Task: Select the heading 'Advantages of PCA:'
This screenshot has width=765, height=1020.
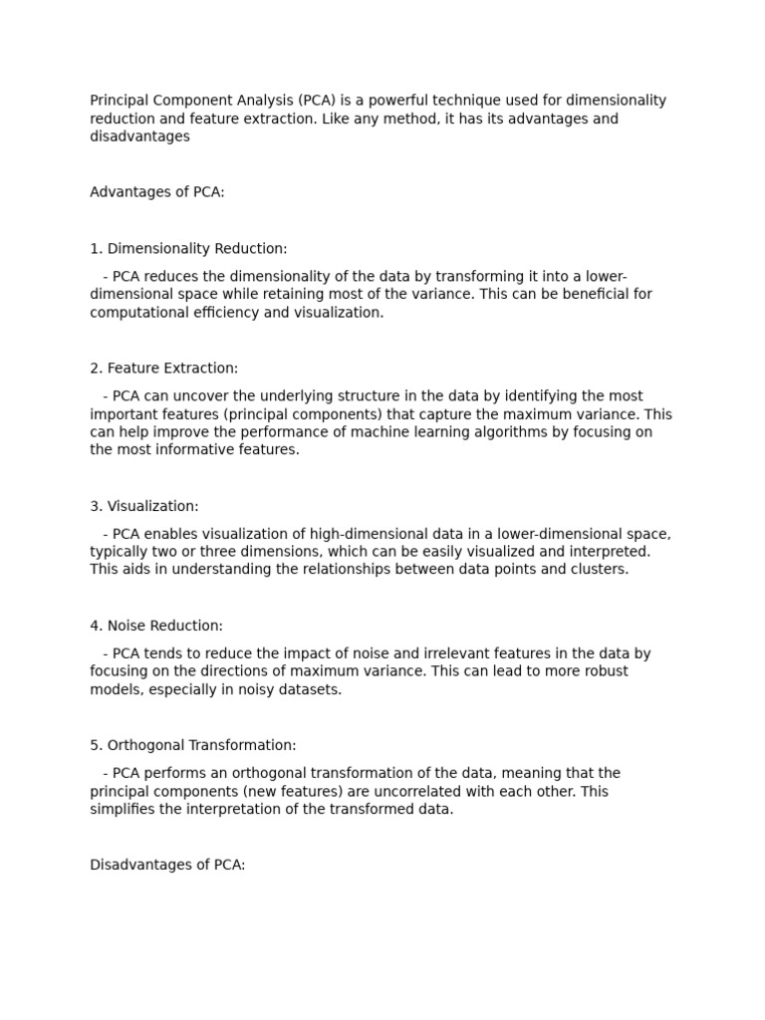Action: [157, 192]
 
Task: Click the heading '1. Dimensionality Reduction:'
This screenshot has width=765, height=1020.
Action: [188, 249]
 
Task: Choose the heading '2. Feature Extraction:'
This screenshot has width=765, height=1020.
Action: [164, 369]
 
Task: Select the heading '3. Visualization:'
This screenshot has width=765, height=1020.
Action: [144, 507]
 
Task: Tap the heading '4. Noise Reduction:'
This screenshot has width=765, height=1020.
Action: [156, 627]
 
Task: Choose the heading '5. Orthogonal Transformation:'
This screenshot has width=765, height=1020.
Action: [193, 746]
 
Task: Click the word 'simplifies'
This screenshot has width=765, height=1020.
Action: [123, 810]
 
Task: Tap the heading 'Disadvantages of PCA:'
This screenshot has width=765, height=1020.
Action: [167, 866]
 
